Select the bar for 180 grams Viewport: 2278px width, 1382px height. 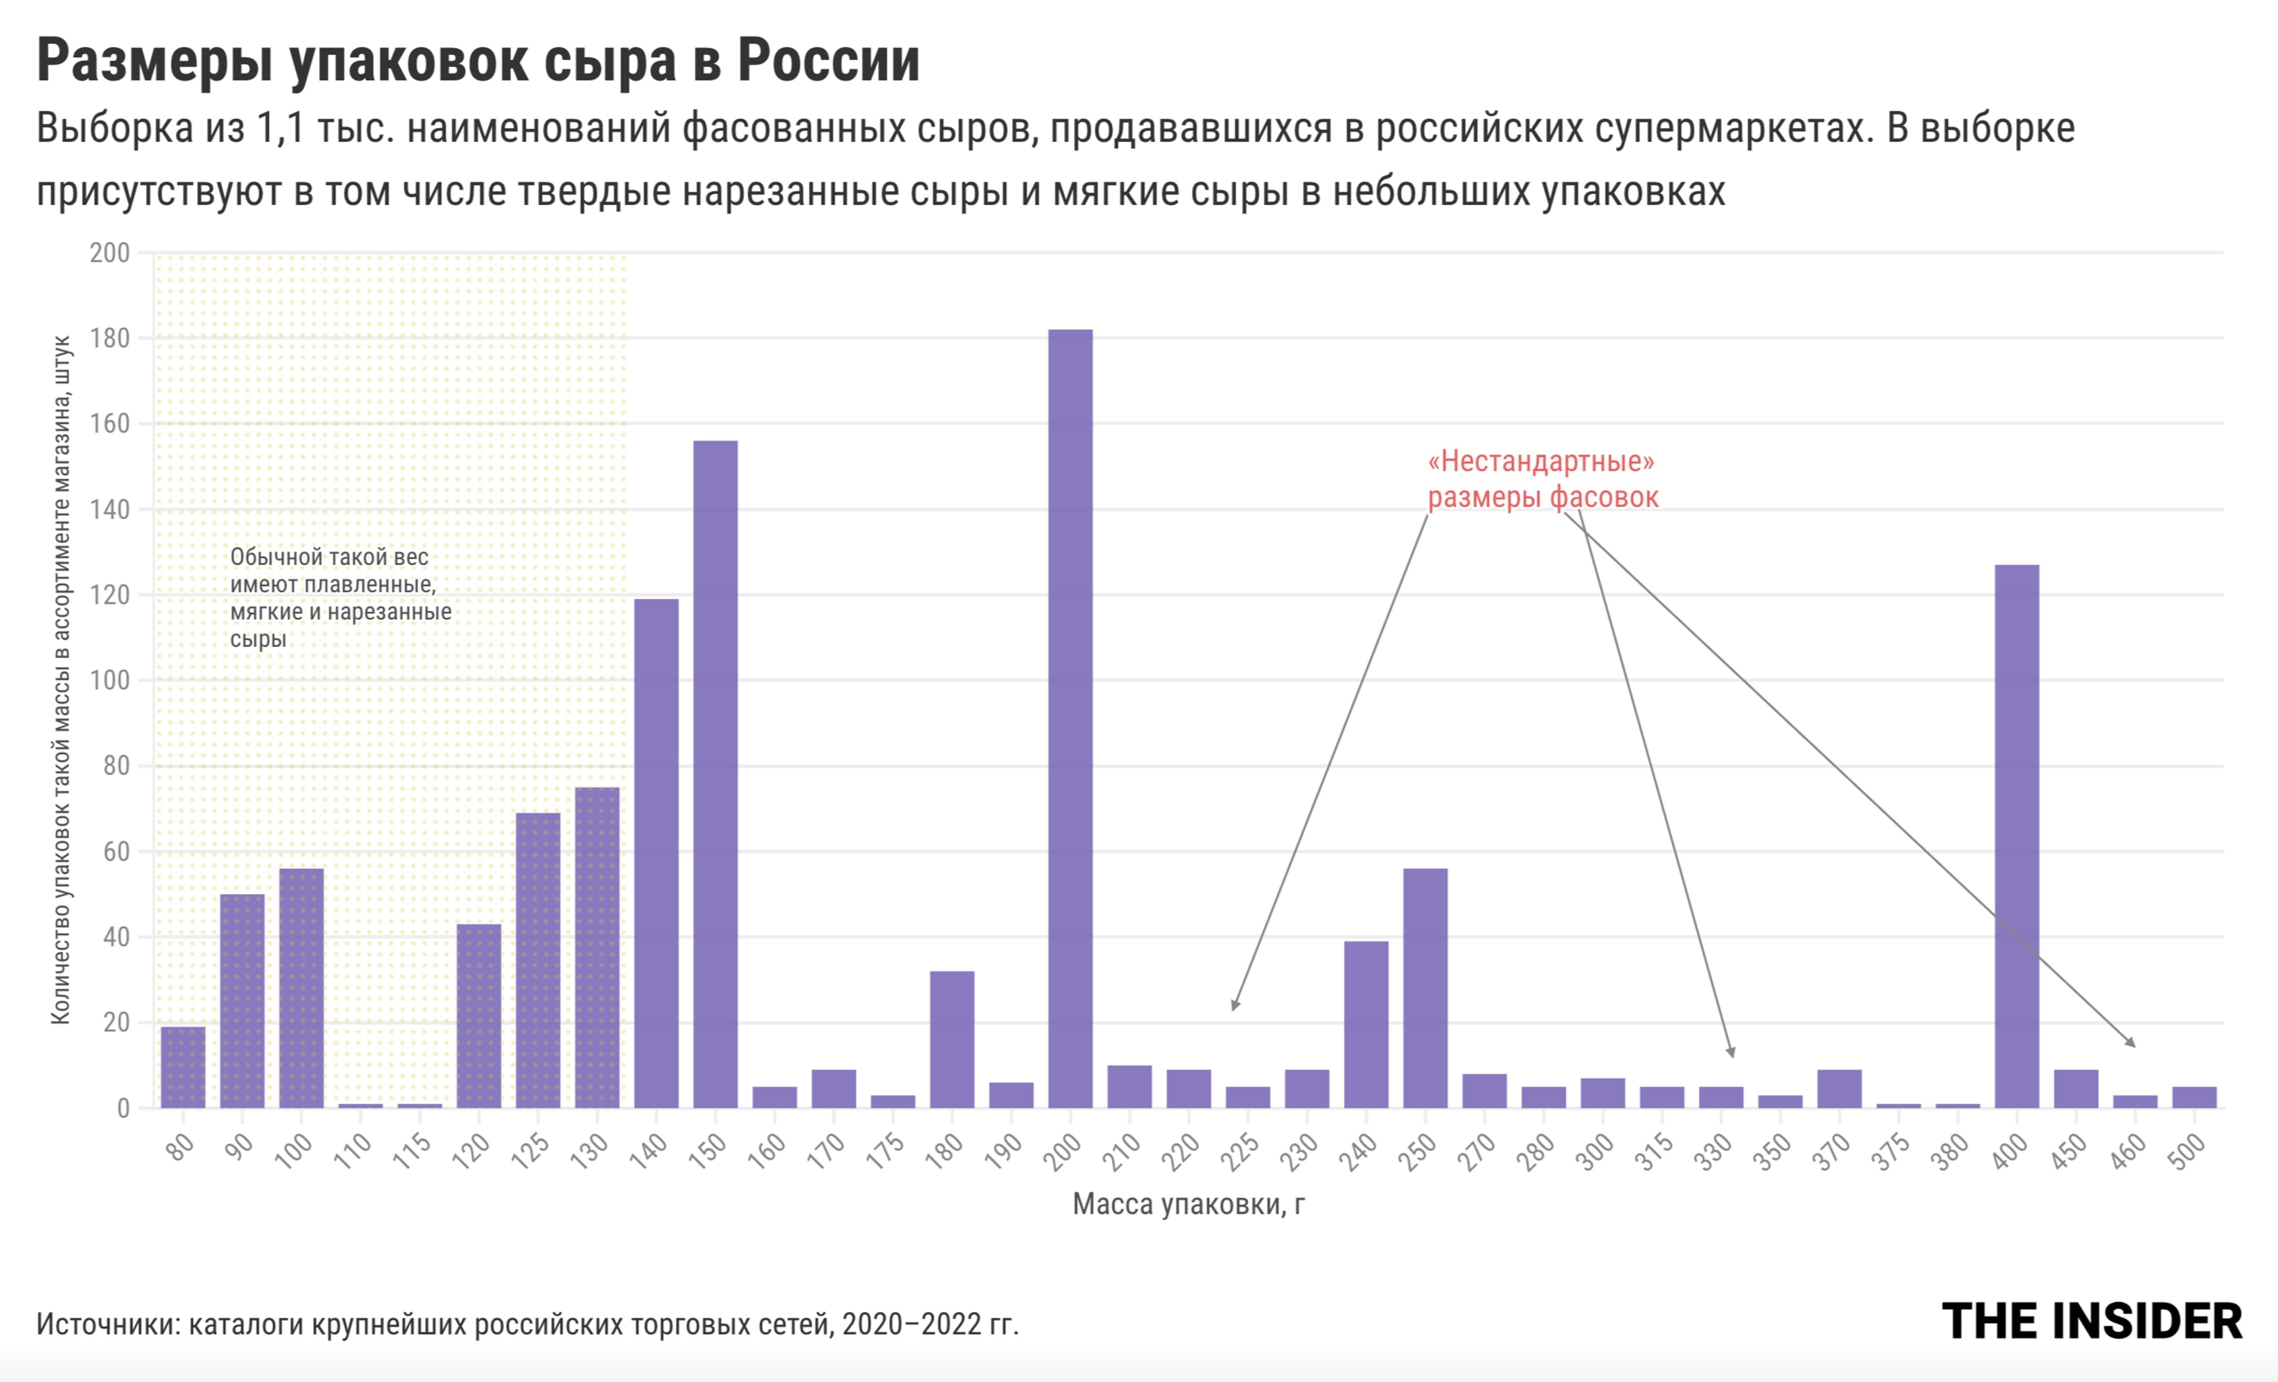pyautogui.click(x=952, y=1039)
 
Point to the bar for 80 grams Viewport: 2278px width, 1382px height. pyautogui.click(x=183, y=1067)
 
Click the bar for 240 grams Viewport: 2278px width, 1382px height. pyautogui.click(x=1366, y=1024)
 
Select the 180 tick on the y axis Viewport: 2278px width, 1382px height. pyautogui.click(x=110, y=338)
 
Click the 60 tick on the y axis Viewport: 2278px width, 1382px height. pyautogui.click(x=116, y=851)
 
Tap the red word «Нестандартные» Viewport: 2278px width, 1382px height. pyautogui.click(x=1541, y=460)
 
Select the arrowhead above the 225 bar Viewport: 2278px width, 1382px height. pyautogui.click(x=1235, y=1005)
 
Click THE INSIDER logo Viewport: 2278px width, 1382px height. pyautogui.click(x=2091, y=1322)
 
